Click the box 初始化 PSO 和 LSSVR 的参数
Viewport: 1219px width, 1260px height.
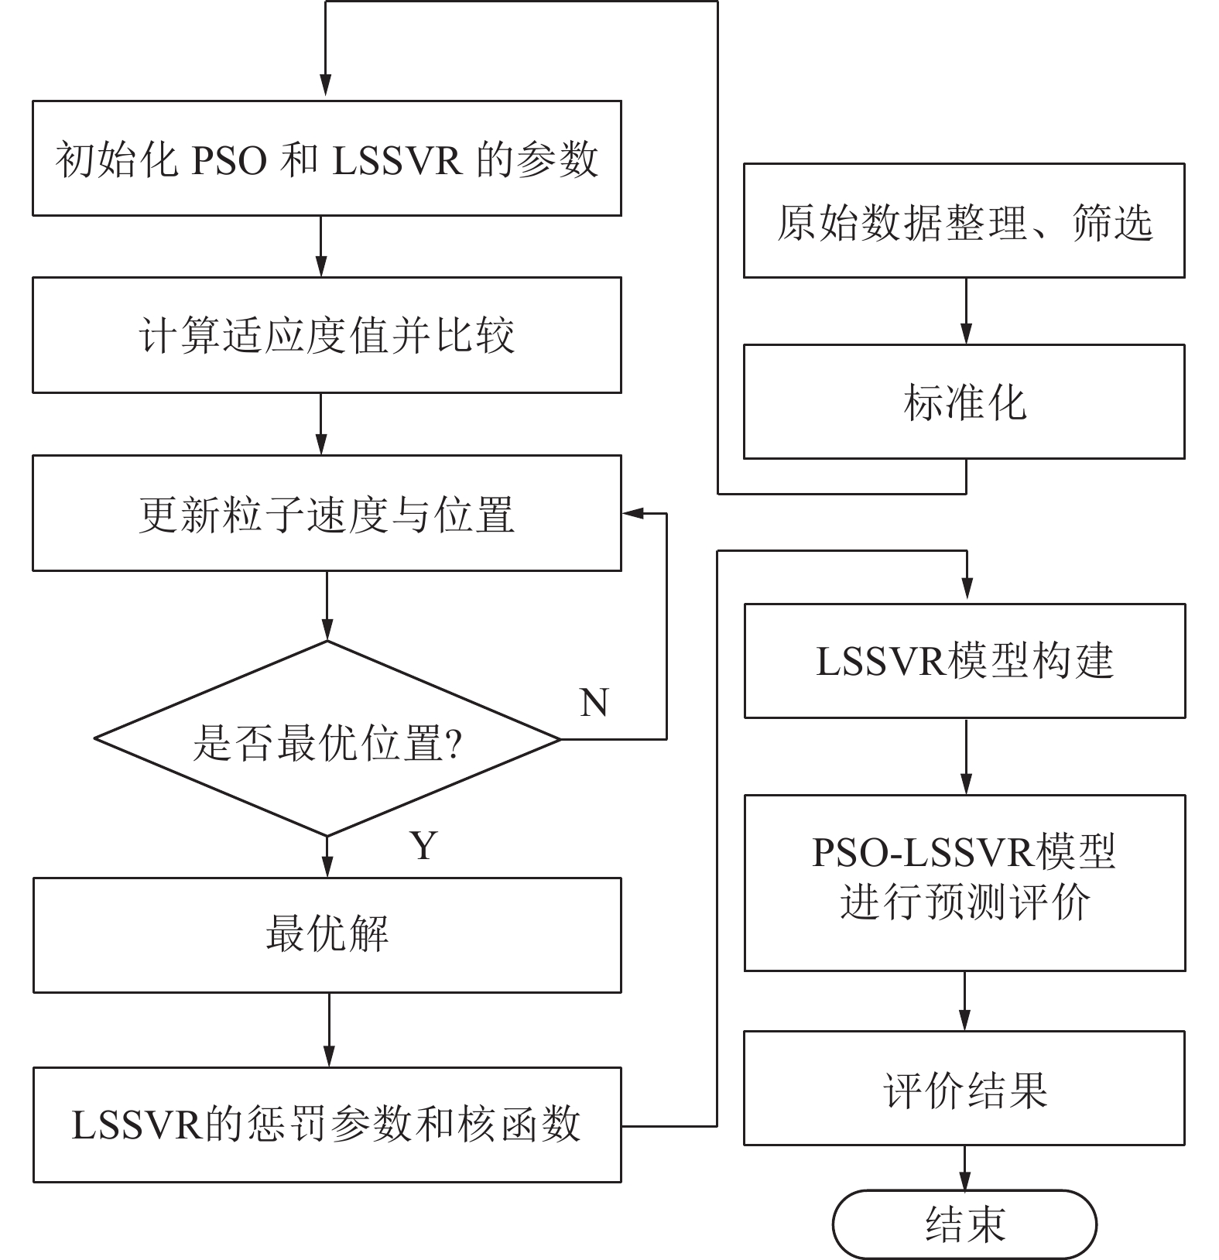click(x=327, y=159)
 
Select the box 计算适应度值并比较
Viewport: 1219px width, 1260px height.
click(x=327, y=335)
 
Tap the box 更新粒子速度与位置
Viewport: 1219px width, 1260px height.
click(x=327, y=513)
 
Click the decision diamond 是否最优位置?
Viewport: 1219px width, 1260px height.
click(x=327, y=740)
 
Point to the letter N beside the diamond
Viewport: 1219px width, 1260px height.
click(x=594, y=703)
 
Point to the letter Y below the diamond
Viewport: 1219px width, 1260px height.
click(x=423, y=845)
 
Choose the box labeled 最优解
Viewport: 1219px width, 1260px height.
click(x=327, y=935)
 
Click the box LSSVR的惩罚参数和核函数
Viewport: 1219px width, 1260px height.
click(x=327, y=1125)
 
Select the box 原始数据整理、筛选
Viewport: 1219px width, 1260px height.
click(x=964, y=221)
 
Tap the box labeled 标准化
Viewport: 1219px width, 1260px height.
click(x=964, y=402)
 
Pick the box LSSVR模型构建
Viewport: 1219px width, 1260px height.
click(x=964, y=661)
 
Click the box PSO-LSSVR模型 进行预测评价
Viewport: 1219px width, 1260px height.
click(x=964, y=883)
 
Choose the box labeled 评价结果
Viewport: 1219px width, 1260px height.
click(x=964, y=1088)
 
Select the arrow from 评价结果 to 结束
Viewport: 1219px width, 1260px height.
click(x=964, y=1168)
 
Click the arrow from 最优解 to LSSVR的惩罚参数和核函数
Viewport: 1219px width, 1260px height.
click(x=329, y=1030)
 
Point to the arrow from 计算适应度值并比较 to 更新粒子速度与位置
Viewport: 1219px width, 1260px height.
click(x=321, y=424)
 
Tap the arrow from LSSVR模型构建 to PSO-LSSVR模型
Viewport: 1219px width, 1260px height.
click(x=966, y=757)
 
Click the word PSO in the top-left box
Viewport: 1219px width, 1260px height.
click(x=229, y=160)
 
